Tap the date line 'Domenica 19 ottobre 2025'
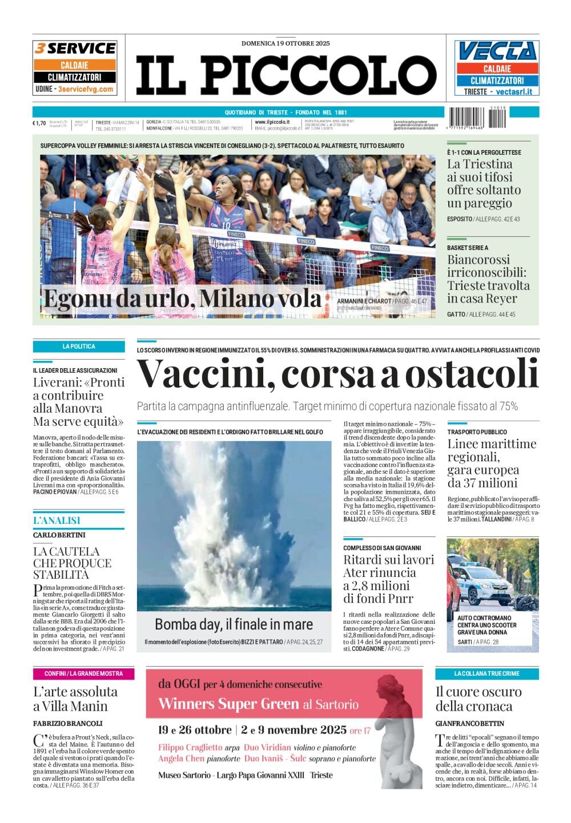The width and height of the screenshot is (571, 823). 285,43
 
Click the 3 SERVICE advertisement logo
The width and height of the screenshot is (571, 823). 75,49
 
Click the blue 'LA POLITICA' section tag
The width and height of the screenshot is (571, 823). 79,346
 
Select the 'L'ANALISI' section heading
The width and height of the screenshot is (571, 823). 57,521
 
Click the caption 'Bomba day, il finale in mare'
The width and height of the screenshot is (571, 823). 234,624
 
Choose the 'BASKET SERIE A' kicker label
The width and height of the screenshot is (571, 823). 468,248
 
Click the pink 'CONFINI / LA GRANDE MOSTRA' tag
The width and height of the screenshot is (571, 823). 83,673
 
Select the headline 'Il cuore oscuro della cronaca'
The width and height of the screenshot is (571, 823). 478,699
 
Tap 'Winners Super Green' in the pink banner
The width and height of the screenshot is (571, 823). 228,704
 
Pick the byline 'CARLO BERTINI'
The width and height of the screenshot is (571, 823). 59,535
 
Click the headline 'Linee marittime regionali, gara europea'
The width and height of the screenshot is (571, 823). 492,463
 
